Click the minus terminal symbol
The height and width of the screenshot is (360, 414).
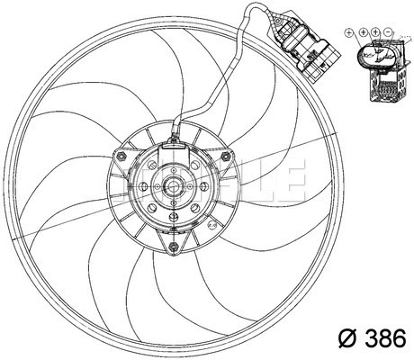click(x=388, y=32)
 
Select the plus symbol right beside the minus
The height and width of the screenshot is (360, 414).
click(x=375, y=32)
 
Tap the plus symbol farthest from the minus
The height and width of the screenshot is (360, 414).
click(x=349, y=32)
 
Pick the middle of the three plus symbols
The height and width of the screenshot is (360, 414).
click(x=363, y=32)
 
